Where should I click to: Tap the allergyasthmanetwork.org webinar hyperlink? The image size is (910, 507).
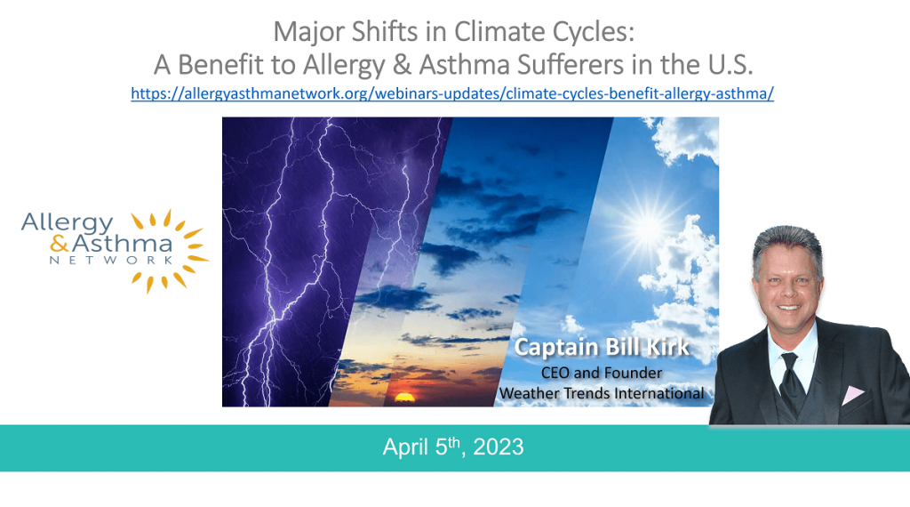click(452, 93)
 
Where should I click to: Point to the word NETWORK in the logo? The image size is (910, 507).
click(111, 261)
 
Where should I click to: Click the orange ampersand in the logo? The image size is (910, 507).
click(60, 244)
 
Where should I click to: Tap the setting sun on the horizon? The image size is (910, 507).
click(404, 398)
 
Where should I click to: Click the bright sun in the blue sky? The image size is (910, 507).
click(647, 227)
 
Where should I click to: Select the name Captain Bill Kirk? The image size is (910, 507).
click(602, 347)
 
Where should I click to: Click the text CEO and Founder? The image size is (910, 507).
click(602, 373)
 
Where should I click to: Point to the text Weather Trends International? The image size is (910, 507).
click(602, 394)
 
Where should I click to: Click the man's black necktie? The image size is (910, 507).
click(791, 384)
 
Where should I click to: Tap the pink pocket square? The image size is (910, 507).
click(852, 395)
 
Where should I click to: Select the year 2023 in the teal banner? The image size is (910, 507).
click(499, 447)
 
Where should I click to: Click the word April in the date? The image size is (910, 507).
click(405, 447)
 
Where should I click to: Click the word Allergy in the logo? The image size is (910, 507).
click(68, 223)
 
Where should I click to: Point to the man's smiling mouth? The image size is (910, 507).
click(789, 308)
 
